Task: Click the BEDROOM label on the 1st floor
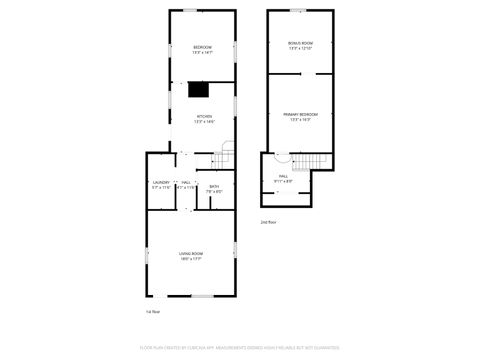(x=202, y=47)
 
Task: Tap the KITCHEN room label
(x=204, y=116)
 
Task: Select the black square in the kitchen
(x=198, y=90)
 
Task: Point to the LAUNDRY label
(x=160, y=183)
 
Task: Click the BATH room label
(x=214, y=187)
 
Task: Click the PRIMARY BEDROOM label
(x=301, y=115)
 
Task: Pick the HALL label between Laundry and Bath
(x=187, y=183)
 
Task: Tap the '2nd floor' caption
(x=268, y=221)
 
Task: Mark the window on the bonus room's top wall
(x=298, y=11)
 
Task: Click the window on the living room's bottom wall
(x=203, y=296)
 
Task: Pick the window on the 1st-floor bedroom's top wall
(x=201, y=11)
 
